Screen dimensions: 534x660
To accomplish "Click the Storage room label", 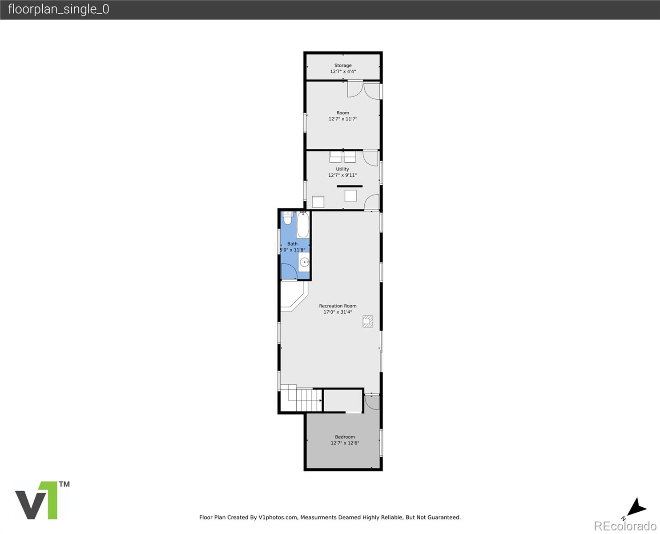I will (343, 65).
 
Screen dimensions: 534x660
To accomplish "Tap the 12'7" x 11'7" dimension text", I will (343, 119).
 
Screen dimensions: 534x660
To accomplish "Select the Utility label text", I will (342, 169).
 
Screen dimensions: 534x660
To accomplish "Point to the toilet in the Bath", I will (287, 219).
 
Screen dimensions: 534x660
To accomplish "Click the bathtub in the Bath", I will (303, 225).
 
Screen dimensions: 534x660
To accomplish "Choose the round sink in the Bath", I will (304, 262).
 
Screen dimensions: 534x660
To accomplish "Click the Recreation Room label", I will (338, 306).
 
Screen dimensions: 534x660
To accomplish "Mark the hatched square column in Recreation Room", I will (368, 321).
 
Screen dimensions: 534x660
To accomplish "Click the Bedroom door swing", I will (372, 402).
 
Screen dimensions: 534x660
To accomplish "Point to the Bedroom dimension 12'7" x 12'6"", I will (345, 443).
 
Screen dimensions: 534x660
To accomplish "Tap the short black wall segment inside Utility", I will (350, 186).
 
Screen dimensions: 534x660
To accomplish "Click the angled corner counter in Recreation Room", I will (293, 297).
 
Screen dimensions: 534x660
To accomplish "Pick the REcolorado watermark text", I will (624, 526).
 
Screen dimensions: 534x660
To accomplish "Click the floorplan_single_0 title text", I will (58, 9).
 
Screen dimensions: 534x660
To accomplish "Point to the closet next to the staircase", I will (342, 400).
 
